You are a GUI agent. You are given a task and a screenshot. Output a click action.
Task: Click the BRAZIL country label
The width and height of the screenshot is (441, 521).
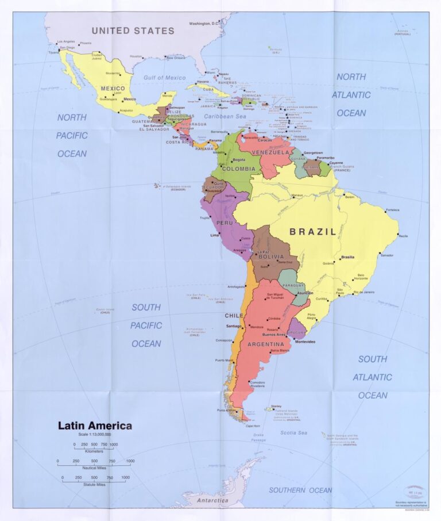313,232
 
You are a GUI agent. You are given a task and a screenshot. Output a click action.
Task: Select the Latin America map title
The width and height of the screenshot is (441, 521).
95,426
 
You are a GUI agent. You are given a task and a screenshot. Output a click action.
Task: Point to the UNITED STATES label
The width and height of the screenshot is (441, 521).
133,31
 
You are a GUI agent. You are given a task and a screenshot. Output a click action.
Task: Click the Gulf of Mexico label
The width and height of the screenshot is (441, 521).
165,78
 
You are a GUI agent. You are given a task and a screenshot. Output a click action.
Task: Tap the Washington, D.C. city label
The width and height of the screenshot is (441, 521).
205,24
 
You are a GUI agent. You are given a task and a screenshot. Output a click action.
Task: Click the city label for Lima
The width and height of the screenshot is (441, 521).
215,235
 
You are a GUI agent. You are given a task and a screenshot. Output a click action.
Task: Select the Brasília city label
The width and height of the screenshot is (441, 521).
347,257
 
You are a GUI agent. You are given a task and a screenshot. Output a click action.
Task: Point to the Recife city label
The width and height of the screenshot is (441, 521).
404,236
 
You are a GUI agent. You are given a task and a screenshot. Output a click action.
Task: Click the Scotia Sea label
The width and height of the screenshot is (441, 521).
295,432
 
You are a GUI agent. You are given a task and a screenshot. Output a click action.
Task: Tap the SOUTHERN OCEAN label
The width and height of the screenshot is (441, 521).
300,490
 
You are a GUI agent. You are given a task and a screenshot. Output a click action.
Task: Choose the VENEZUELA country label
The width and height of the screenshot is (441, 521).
270,152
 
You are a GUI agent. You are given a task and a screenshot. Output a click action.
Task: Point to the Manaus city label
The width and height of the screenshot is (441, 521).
296,196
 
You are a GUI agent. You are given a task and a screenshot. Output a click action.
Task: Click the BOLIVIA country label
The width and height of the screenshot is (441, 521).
270,257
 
